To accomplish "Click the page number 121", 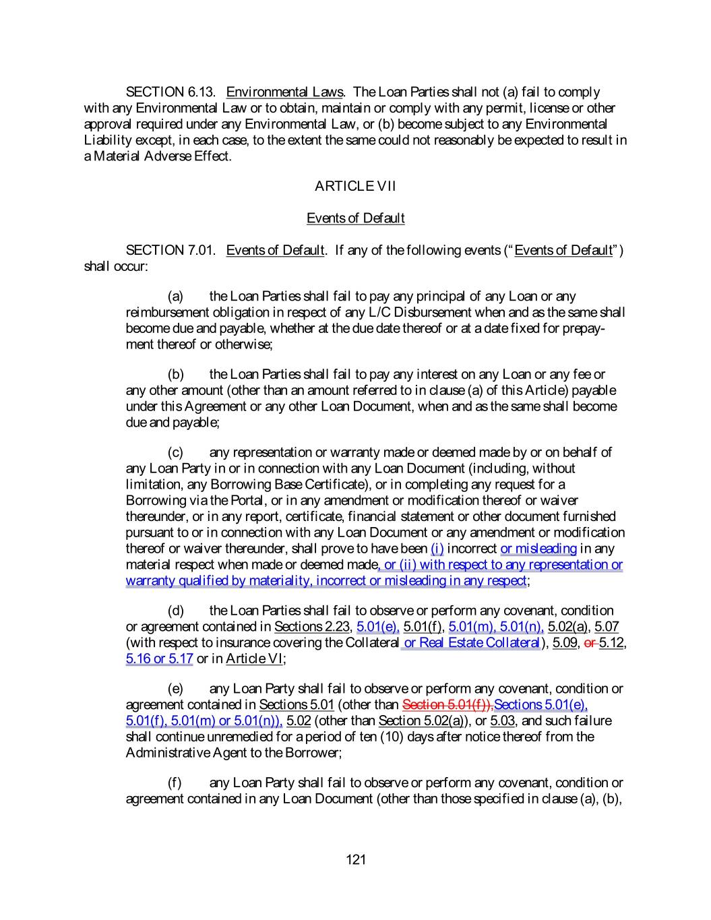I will click(355, 859).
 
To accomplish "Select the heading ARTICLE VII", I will click(355, 186).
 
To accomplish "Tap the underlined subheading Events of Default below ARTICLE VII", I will click(355, 218).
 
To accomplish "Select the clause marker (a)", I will click(175, 297).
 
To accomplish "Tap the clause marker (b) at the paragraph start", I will click(175, 375).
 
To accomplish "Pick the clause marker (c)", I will click(175, 453).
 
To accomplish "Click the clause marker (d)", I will click(175, 611).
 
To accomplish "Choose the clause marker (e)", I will click(175, 689).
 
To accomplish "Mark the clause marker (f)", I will click(175, 783).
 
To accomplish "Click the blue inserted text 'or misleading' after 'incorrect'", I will click(538, 549).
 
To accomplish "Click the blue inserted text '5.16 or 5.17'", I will click(159, 659).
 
